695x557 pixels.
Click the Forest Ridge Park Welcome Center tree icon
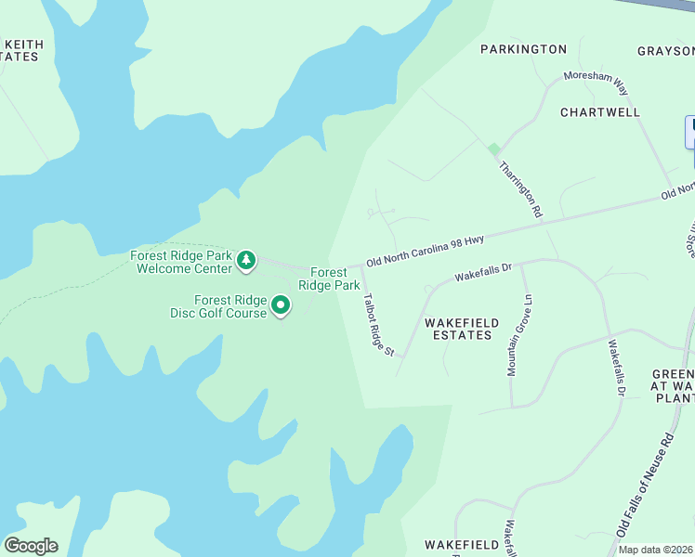point(246,261)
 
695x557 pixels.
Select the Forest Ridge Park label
point(334,278)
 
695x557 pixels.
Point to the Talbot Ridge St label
point(379,325)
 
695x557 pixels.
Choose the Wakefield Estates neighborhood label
point(462,329)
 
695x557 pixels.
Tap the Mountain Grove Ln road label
point(519,335)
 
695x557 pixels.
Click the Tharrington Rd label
point(520,189)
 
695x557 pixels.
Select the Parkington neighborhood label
point(523,48)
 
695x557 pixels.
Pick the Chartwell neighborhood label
point(600,111)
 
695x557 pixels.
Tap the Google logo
point(31,546)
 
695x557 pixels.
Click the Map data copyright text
point(655,550)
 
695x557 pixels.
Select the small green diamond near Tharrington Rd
point(494,149)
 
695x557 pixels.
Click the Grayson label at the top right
point(666,50)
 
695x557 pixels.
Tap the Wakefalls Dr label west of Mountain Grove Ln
point(482,272)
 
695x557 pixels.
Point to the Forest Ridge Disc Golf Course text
point(230,306)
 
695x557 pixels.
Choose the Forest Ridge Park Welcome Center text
point(181,262)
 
